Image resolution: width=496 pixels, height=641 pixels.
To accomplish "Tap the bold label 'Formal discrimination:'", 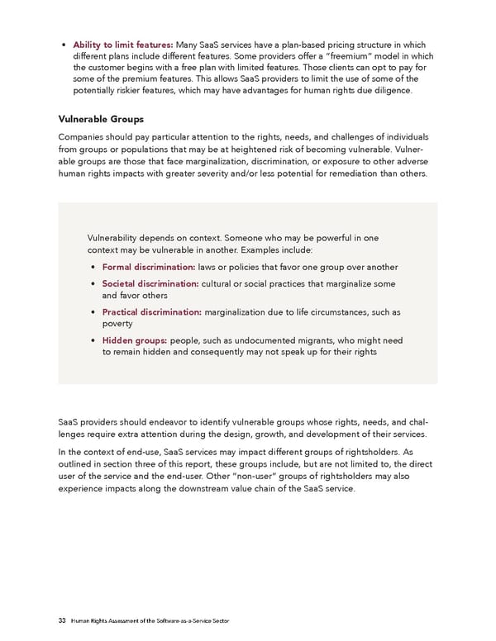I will click(x=148, y=267).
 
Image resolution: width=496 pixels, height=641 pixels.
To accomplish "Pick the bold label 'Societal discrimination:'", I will click(x=150, y=284).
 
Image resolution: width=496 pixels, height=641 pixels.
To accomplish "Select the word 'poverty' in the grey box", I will click(x=118, y=324).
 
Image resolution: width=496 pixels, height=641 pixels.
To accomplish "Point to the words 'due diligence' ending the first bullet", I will click(x=383, y=90).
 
